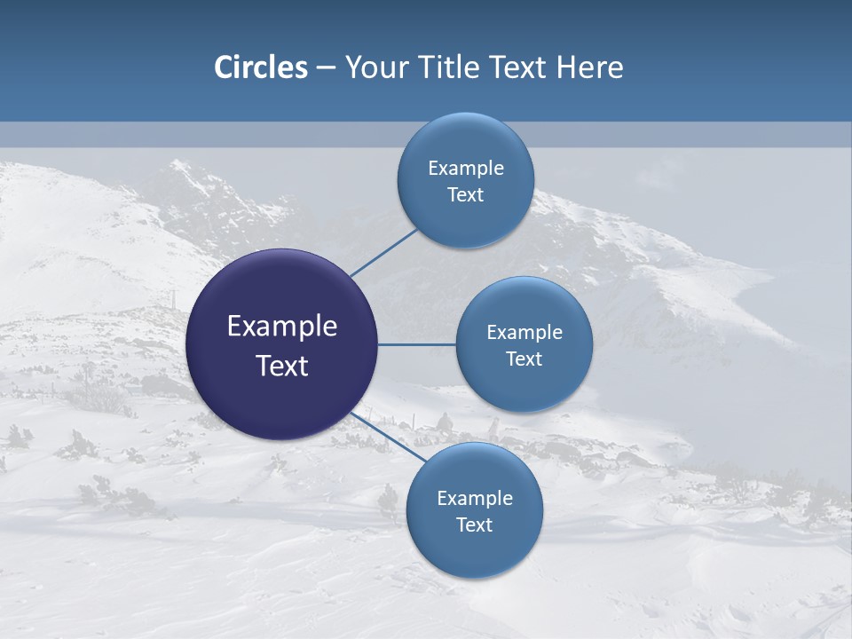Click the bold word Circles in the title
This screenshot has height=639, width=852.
tap(261, 67)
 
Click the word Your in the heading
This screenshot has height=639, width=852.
tap(375, 67)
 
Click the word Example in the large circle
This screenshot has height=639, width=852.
tap(282, 327)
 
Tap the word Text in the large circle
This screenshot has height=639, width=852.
tap(282, 366)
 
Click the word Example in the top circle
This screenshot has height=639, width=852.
tap(466, 169)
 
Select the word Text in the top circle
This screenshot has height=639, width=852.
tap(466, 195)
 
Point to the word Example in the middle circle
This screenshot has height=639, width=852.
tap(525, 333)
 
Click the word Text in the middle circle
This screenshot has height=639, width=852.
tap(525, 359)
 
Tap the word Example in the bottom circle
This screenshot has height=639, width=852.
tap(475, 499)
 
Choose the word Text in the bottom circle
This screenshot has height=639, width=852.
tap(475, 525)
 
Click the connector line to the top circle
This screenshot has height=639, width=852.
tap(383, 253)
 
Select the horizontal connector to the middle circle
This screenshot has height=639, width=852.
tap(416, 344)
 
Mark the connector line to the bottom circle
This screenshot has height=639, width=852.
tap(389, 437)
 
